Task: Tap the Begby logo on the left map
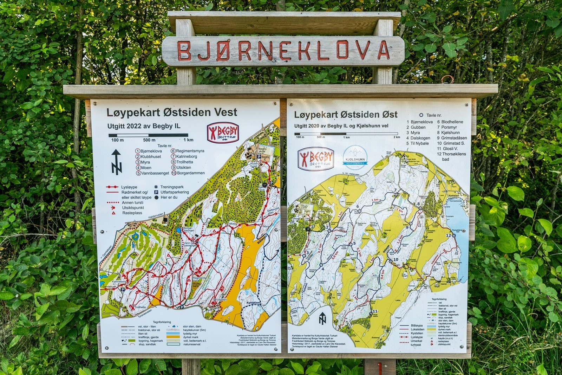click(223, 132)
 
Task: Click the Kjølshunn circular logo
click(355, 158)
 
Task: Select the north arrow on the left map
click(116, 162)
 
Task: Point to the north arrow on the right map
click(322, 318)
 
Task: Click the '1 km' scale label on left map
click(188, 140)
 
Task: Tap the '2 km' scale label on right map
click(397, 137)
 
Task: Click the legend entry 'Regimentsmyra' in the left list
click(190, 151)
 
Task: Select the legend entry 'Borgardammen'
click(190, 173)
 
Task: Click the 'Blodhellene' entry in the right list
click(452, 122)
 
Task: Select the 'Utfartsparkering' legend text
click(175, 192)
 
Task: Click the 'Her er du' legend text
click(169, 198)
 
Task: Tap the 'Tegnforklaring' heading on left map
click(162, 322)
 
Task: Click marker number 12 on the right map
click(448, 235)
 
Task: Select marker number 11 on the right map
click(375, 311)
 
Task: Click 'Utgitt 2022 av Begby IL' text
click(144, 126)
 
